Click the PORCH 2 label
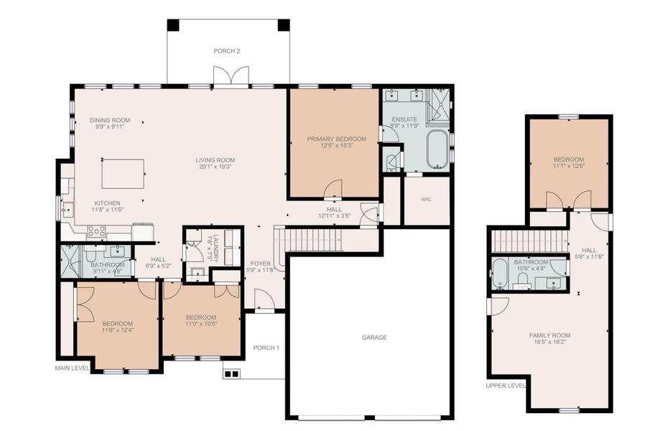point(227,51)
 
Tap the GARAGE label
point(374,337)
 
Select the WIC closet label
point(425,199)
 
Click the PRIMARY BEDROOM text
point(336,139)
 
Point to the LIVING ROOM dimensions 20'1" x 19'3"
point(215,167)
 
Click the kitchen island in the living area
point(122,173)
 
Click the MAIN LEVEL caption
point(73,369)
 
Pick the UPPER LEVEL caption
point(506,385)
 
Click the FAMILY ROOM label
point(549,335)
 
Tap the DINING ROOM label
point(110,120)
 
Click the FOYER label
point(260,264)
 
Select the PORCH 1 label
point(266,348)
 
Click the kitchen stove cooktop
point(96,231)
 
